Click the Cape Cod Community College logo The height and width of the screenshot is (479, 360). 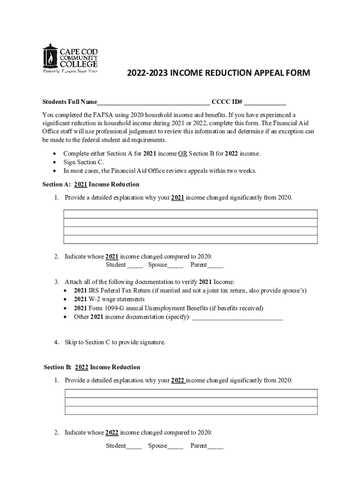(x=70, y=59)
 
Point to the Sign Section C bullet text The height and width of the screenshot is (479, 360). (x=83, y=162)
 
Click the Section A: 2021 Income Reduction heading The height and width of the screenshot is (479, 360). (x=91, y=184)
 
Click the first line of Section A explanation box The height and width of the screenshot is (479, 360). (x=190, y=214)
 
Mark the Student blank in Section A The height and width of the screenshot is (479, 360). (x=135, y=265)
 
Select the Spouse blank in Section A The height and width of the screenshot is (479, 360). (x=176, y=265)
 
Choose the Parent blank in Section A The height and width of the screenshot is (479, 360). (x=216, y=265)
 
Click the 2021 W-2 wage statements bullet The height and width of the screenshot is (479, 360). (x=109, y=299)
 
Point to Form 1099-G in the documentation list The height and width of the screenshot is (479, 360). (x=108, y=308)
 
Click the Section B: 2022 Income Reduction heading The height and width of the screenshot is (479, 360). (x=92, y=367)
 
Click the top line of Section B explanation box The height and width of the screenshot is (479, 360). (x=190, y=393)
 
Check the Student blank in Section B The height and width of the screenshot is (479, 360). (x=134, y=446)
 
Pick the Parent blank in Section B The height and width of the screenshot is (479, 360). (x=216, y=446)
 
